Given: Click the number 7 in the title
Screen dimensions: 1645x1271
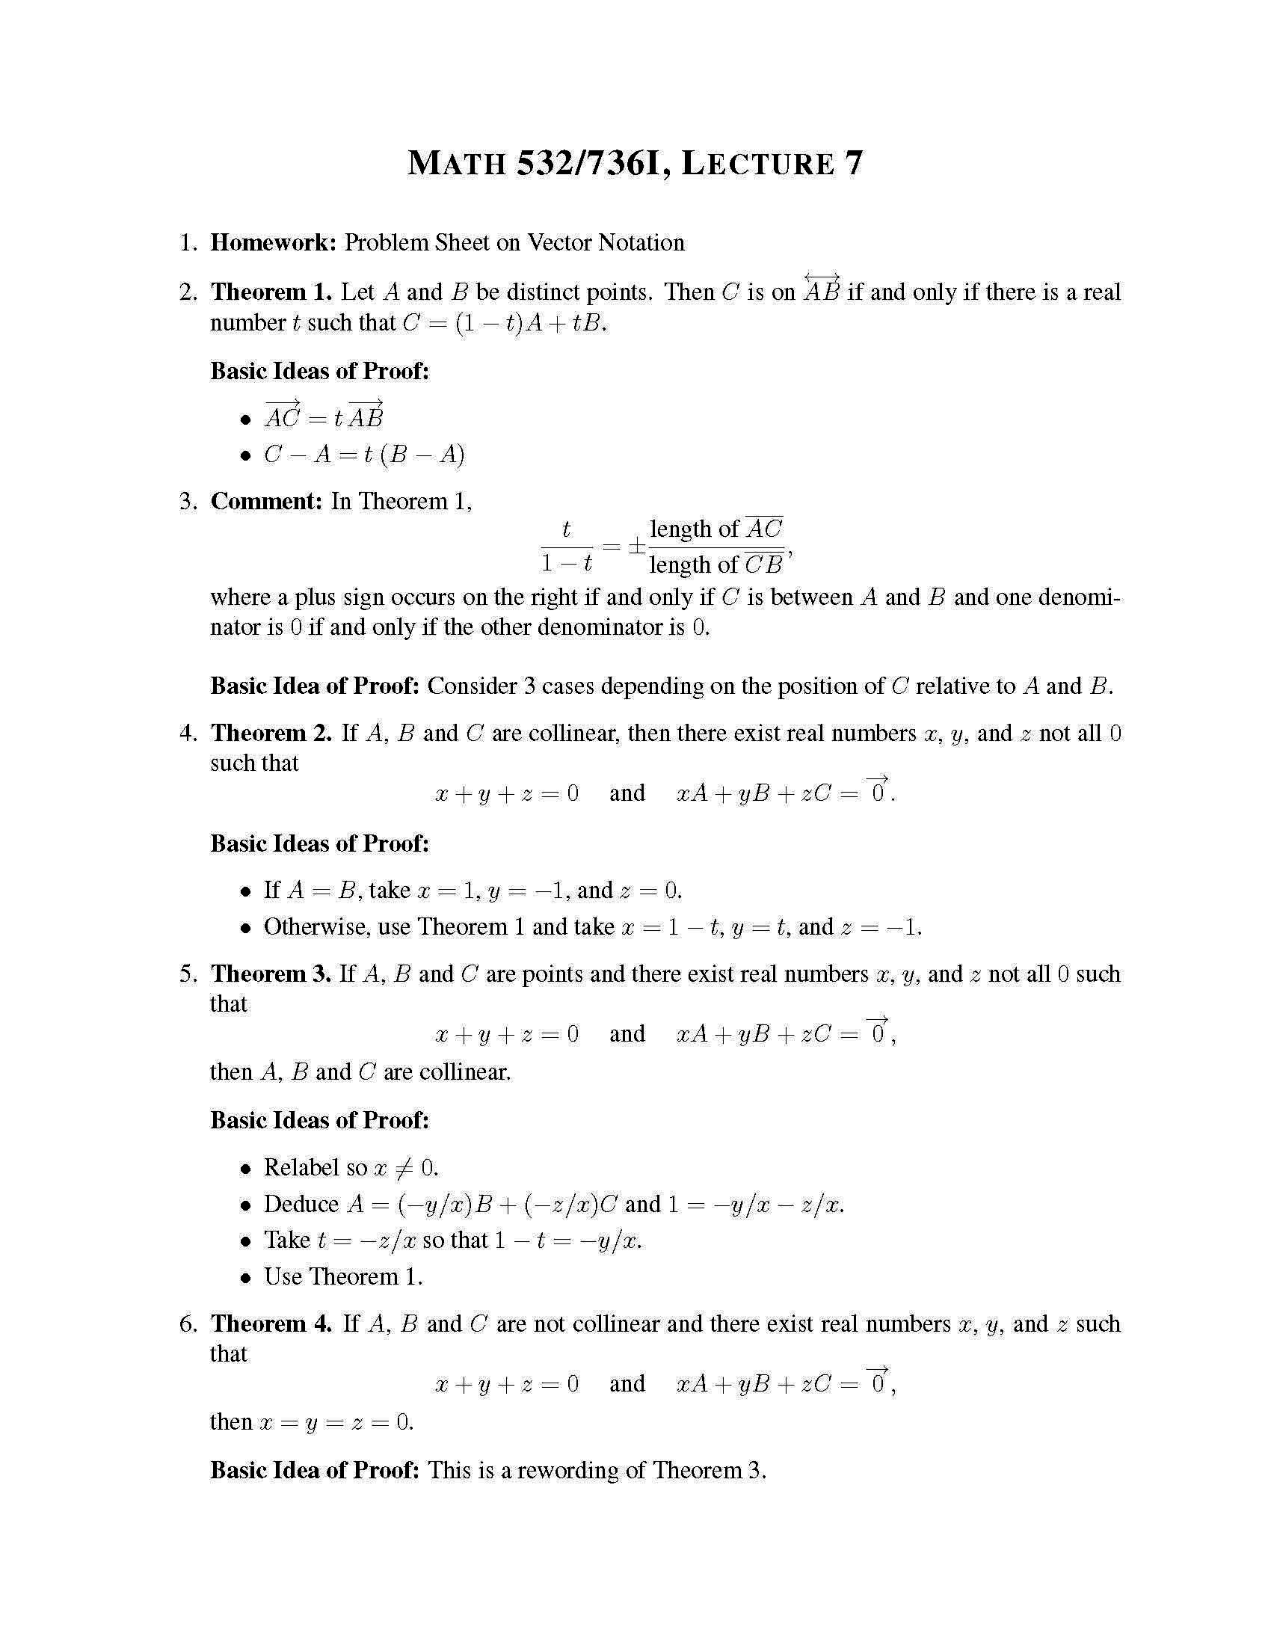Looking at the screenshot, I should [x=853, y=164].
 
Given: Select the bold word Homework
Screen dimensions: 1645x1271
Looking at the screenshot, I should [x=274, y=242].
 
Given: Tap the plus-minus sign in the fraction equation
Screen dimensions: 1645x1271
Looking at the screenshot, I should [x=636, y=546].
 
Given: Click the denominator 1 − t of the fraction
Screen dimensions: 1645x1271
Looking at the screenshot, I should [x=566, y=563].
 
